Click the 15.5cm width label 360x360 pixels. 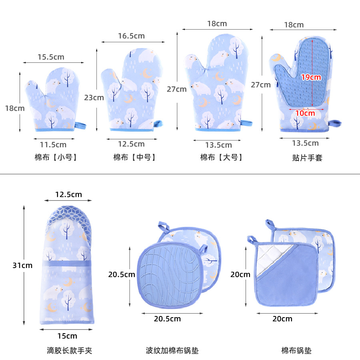51,57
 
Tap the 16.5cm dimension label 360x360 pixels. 131,36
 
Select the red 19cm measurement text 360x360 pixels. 311,77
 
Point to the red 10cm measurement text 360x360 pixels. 305,113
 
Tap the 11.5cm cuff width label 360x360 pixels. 53,144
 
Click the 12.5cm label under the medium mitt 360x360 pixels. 131,144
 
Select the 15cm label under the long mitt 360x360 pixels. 67,335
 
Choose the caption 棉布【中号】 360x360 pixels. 134,157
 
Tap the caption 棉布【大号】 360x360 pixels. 221,157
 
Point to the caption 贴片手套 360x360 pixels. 307,158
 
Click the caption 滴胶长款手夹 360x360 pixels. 70,351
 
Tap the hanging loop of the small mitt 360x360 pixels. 81,126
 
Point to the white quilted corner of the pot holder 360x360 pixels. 267,260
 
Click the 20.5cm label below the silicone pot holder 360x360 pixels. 167,318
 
